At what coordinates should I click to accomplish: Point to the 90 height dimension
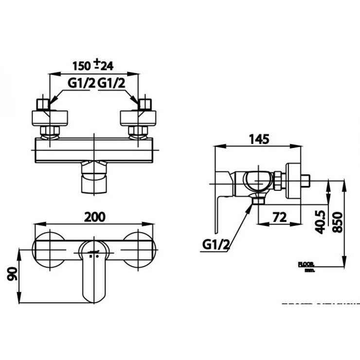[11, 275]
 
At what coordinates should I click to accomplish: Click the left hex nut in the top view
[49, 131]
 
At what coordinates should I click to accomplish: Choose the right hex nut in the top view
[138, 131]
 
